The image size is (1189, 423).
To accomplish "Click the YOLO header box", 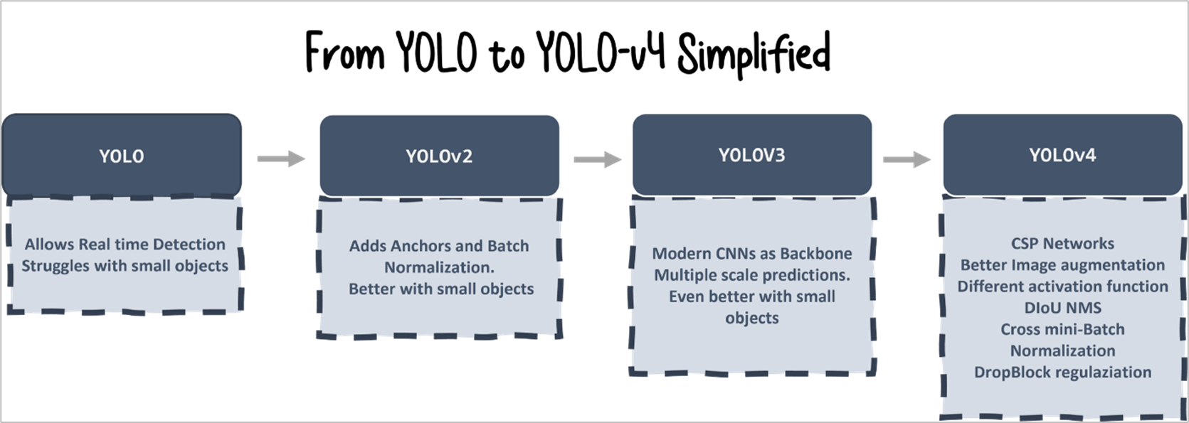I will (x=122, y=155).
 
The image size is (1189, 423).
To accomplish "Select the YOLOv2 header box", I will (x=439, y=155).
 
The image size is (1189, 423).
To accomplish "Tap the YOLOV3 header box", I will (x=751, y=154).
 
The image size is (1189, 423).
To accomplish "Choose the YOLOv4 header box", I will (x=1062, y=154).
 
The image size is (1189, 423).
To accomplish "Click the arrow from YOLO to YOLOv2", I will (x=280, y=159).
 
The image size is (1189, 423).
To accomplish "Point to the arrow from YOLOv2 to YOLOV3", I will (x=597, y=159).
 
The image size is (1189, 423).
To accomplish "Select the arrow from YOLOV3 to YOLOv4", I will (x=907, y=159).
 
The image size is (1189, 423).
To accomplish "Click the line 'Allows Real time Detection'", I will (x=125, y=245).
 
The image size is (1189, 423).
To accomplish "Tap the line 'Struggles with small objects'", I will (x=125, y=266).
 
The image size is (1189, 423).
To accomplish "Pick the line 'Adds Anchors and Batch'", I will (x=439, y=246).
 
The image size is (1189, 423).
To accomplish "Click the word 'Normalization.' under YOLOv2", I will (x=439, y=267).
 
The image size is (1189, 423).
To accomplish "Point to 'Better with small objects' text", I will (x=441, y=289).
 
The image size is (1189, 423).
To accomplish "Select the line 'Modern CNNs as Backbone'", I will (x=752, y=253).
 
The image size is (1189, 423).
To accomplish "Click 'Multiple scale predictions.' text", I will (x=752, y=274).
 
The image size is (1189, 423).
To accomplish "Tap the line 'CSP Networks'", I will (x=1062, y=243).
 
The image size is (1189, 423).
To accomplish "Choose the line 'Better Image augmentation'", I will (x=1062, y=264).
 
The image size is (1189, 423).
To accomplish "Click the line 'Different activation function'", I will (x=1062, y=286).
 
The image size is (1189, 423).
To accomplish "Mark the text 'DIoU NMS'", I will (x=1062, y=308).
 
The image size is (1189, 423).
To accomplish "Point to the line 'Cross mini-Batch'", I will (x=1062, y=329).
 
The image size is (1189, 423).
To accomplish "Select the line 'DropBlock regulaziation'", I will (x=1062, y=372).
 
